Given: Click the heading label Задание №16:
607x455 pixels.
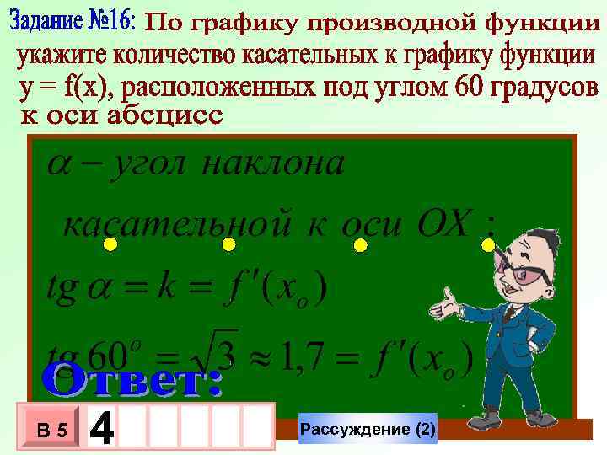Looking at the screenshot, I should [x=74, y=22].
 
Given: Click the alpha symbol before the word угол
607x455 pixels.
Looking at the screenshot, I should [x=58, y=165].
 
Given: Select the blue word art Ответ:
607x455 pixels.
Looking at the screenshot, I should [x=133, y=382].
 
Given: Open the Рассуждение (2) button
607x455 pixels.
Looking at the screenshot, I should [x=368, y=430].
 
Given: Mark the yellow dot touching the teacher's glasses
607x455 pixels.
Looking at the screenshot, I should [x=488, y=244].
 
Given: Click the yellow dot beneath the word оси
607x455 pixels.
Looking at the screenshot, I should [x=360, y=245].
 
